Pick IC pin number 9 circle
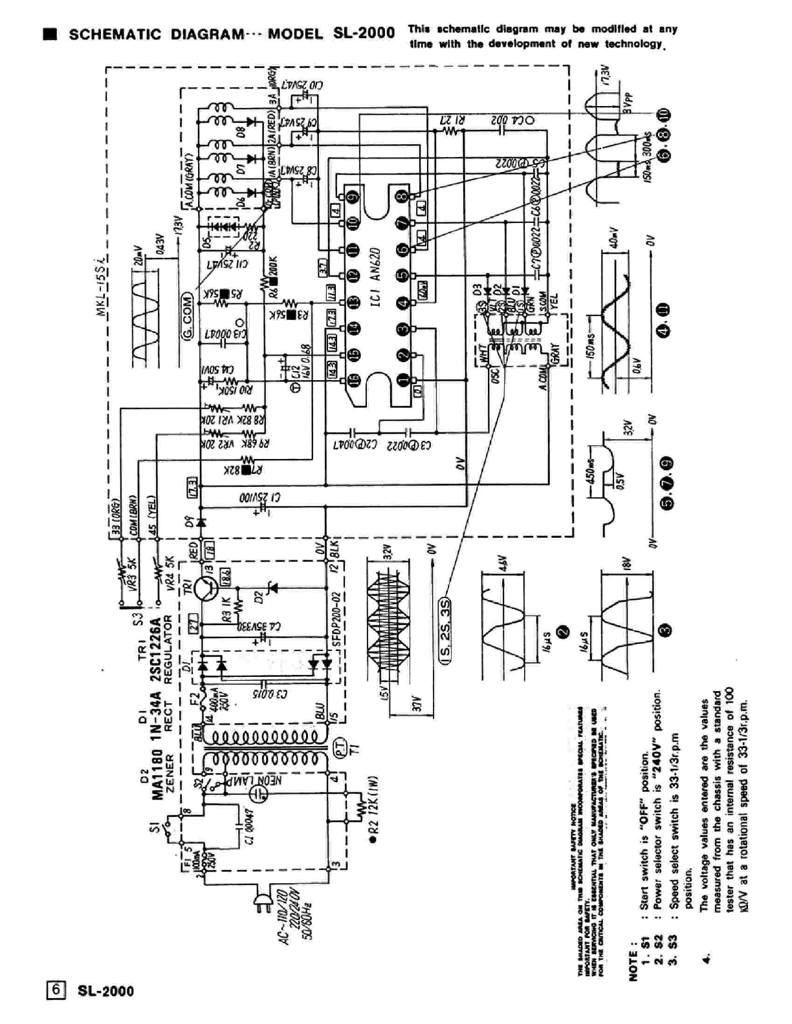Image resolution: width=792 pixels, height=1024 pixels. [353, 197]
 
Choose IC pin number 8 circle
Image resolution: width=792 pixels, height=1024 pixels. [402, 197]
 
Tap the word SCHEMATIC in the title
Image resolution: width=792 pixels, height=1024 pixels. [116, 34]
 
